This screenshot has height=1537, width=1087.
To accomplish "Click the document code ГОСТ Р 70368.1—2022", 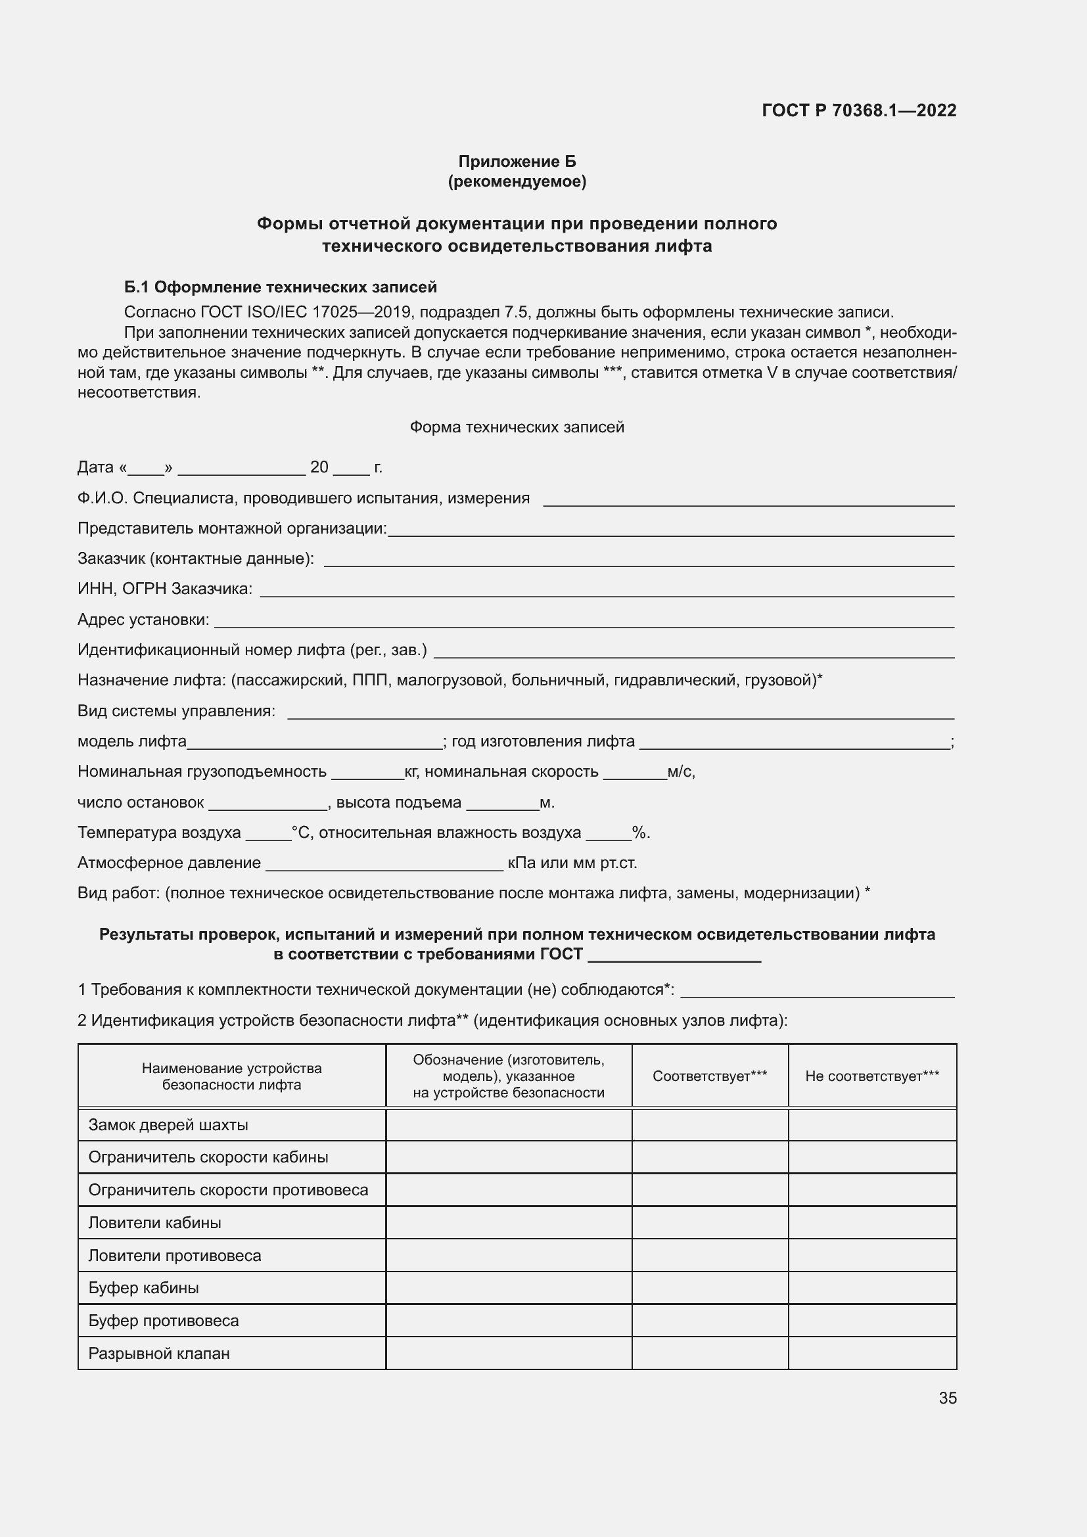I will [x=859, y=110].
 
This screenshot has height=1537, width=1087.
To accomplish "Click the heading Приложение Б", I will [x=517, y=162].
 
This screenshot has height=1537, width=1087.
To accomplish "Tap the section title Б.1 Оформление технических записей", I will [x=281, y=287].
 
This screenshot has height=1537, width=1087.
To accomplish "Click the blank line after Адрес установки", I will [x=582, y=621].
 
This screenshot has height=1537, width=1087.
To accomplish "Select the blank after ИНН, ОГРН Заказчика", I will [x=606, y=591].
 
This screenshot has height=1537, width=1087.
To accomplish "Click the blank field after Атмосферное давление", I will [x=384, y=864].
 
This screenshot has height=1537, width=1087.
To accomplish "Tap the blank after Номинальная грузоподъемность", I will [x=367, y=773].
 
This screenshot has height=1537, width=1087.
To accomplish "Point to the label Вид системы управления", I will [x=176, y=711].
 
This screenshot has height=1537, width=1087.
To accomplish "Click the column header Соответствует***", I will [x=710, y=1076].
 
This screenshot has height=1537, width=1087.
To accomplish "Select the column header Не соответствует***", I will [x=871, y=1076].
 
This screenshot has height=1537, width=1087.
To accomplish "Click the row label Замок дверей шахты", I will [x=168, y=1125].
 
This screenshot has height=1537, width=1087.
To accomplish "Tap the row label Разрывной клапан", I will [x=158, y=1354].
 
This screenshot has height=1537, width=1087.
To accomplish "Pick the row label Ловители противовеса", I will [x=175, y=1256].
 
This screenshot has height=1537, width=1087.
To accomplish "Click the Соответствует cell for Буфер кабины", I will [x=710, y=1288].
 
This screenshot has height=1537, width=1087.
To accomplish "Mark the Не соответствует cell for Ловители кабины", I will [x=871, y=1223].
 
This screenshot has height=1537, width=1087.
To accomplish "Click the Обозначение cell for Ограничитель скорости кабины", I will [x=508, y=1157].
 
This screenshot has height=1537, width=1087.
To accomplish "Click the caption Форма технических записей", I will [x=517, y=427].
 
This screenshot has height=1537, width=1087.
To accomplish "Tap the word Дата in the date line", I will [x=96, y=467].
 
